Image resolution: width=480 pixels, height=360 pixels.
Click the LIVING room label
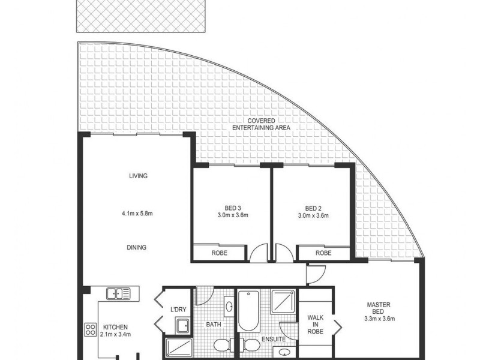(x=138, y=176)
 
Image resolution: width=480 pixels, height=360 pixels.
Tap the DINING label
(x=137, y=247)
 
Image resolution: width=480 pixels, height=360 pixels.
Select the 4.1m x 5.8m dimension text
(x=138, y=212)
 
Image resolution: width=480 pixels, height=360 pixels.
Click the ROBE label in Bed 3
(x=220, y=253)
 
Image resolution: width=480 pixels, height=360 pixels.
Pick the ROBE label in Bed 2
(x=323, y=253)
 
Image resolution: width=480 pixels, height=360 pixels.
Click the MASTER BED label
(x=379, y=308)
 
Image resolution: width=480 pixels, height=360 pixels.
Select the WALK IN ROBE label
(x=316, y=325)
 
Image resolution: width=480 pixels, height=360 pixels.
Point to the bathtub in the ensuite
(x=247, y=310)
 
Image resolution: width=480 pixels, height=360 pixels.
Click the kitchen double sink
(x=119, y=293)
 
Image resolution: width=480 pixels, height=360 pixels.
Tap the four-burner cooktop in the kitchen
(x=91, y=329)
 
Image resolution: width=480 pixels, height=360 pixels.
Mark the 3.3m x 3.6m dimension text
(x=379, y=319)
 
